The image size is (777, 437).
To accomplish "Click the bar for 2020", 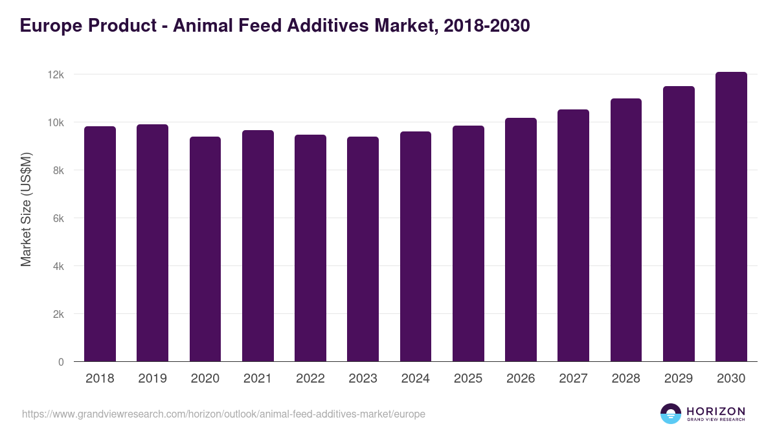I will click(x=205, y=249).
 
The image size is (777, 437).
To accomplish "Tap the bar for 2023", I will click(x=363, y=249).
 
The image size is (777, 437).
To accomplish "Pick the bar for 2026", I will click(x=521, y=240).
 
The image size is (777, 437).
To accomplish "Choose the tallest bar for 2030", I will click(x=731, y=217).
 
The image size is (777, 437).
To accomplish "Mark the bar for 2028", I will click(x=626, y=230).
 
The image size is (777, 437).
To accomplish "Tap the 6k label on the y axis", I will click(x=58, y=219).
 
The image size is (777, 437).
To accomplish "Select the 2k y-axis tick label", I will click(x=58, y=315).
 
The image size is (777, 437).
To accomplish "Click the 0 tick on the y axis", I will click(x=61, y=363).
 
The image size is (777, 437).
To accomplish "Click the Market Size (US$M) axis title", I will click(x=26, y=209).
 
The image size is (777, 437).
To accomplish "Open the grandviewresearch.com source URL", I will click(x=223, y=414).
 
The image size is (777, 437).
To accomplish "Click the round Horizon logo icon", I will click(x=671, y=414).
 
